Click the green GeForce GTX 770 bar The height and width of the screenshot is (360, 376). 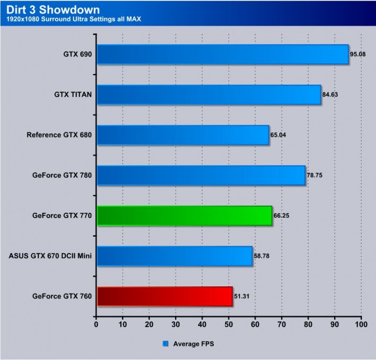tap(184, 216)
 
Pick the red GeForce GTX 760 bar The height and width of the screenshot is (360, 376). tap(164, 297)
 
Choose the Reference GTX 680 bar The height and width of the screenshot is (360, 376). tap(183, 135)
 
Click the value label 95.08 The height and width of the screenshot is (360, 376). tap(358, 54)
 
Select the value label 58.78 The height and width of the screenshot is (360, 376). tap(262, 256)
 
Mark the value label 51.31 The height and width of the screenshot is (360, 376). tap(242, 296)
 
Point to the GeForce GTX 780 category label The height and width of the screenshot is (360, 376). tap(62, 175)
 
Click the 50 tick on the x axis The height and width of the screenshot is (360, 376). tap(229, 325)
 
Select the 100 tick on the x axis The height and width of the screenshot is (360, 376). tap(361, 325)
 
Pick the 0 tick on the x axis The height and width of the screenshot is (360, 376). tap(96, 325)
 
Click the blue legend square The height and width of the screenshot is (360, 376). tap(165, 343)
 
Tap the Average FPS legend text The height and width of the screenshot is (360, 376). tap(193, 343)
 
